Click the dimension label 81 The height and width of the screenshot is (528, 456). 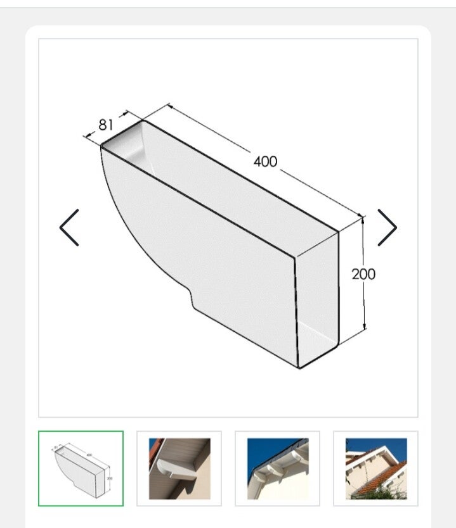pyautogui.click(x=105, y=125)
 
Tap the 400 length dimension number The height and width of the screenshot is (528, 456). pyautogui.click(x=266, y=161)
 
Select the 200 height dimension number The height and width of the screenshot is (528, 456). pyautogui.click(x=363, y=274)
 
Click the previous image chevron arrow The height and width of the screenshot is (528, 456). pyautogui.click(x=69, y=228)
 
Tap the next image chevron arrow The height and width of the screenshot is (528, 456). pyautogui.click(x=388, y=228)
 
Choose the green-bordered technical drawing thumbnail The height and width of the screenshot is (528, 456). pyautogui.click(x=81, y=468)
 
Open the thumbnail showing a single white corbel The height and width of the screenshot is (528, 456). pyautogui.click(x=179, y=468)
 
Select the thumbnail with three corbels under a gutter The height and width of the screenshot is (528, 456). pyautogui.click(x=278, y=468)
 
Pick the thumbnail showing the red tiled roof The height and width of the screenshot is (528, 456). pyautogui.click(x=375, y=468)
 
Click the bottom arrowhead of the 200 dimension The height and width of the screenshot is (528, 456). pyautogui.click(x=365, y=326)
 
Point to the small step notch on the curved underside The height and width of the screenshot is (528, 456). pyautogui.click(x=192, y=298)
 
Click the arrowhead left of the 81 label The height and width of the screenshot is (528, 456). pyautogui.click(x=89, y=135)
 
